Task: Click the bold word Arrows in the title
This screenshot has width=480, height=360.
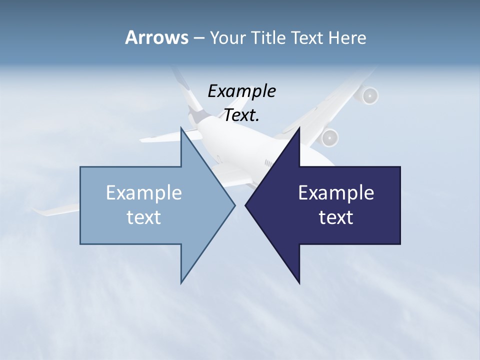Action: (156, 37)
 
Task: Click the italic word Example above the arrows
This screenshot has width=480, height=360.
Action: (242, 91)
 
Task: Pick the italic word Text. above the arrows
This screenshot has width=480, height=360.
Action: (242, 115)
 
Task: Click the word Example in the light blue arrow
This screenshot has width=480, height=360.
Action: (144, 193)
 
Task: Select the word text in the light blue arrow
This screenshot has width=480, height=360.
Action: (144, 217)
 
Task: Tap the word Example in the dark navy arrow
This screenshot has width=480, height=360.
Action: (336, 193)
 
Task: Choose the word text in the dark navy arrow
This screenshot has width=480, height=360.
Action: (336, 217)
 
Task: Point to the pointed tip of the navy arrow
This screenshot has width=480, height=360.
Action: (246, 205)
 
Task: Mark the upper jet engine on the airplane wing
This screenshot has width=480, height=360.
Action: (369, 95)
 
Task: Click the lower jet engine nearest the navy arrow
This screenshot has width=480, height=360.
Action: (330, 137)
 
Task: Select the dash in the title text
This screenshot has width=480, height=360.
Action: (198, 38)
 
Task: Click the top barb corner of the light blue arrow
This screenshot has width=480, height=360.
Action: (181, 128)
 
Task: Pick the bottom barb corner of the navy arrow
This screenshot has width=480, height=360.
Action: (299, 283)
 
